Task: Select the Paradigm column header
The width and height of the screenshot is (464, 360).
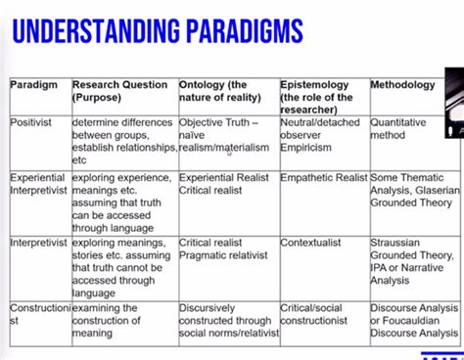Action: tap(34, 85)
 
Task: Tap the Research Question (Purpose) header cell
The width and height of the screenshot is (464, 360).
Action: tap(119, 92)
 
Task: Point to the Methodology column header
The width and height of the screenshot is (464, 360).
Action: tap(402, 85)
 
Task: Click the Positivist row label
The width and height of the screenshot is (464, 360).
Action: tap(37, 123)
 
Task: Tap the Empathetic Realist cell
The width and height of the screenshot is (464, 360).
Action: tap(322, 178)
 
